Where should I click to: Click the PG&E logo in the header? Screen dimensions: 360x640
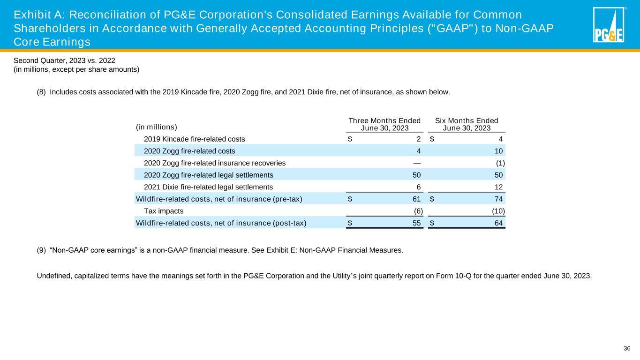[x=609, y=25]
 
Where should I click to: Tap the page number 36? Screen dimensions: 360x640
[x=627, y=348]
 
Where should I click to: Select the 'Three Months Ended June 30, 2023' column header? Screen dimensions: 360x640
[x=384, y=124]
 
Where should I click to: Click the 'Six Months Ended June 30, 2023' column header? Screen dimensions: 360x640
[x=467, y=124]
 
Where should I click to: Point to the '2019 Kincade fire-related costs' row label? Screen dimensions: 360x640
[x=194, y=139]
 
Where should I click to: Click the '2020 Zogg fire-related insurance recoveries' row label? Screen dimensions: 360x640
[x=215, y=163]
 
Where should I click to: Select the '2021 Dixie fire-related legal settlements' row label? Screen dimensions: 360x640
[x=209, y=187]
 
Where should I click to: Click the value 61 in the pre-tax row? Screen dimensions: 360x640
[x=416, y=199]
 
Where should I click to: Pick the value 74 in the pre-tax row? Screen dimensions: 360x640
[x=498, y=199]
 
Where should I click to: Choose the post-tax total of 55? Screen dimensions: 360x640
[x=416, y=223]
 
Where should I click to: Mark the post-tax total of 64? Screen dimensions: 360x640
[x=498, y=223]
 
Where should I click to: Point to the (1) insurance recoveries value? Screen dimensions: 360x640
[x=500, y=163]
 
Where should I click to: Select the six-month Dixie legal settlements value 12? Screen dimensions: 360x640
[x=498, y=187]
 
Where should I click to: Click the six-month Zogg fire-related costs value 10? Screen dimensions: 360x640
[x=498, y=151]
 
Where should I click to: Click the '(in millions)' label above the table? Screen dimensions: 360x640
[x=156, y=127]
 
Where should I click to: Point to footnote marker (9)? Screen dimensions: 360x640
[x=41, y=250]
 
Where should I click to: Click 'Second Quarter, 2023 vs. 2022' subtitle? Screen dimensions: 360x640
[x=64, y=60]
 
